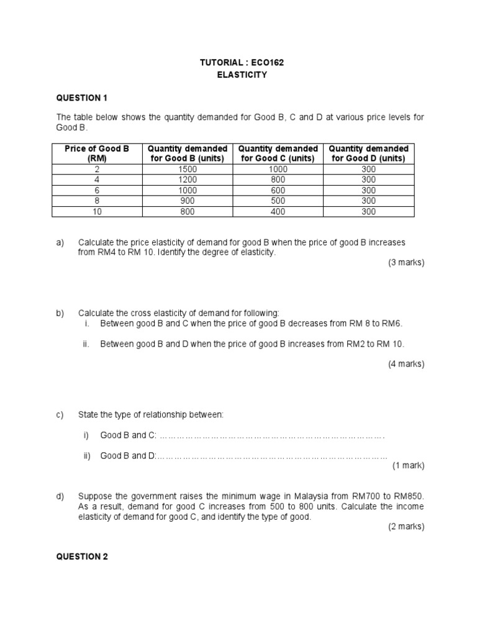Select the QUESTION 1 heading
pyautogui.click(x=82, y=98)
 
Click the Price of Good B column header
pyautogui.click(x=97, y=153)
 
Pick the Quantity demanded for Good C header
pyautogui.click(x=278, y=153)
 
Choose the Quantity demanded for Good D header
pyautogui.click(x=368, y=153)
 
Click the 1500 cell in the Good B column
pyautogui.click(x=186, y=169)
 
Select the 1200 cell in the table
pyautogui.click(x=186, y=179)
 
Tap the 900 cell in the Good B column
pyautogui.click(x=186, y=201)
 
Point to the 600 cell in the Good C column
pyautogui.click(x=278, y=190)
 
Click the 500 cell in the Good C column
pyautogui.click(x=278, y=201)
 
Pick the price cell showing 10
pyautogui.click(x=97, y=211)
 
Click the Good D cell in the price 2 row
pyautogui.click(x=368, y=169)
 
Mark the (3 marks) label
pyautogui.click(x=406, y=263)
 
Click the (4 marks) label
pyautogui.click(x=406, y=364)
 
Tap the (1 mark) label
pyautogui.click(x=408, y=465)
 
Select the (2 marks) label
pyautogui.click(x=406, y=526)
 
